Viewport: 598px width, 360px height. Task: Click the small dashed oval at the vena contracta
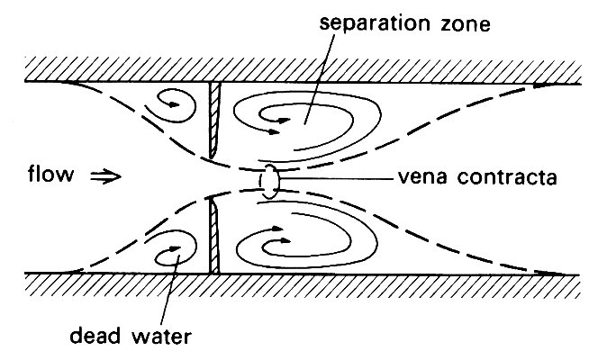click(268, 180)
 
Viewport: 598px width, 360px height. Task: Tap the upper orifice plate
click(213, 121)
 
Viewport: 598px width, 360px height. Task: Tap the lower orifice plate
click(213, 236)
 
